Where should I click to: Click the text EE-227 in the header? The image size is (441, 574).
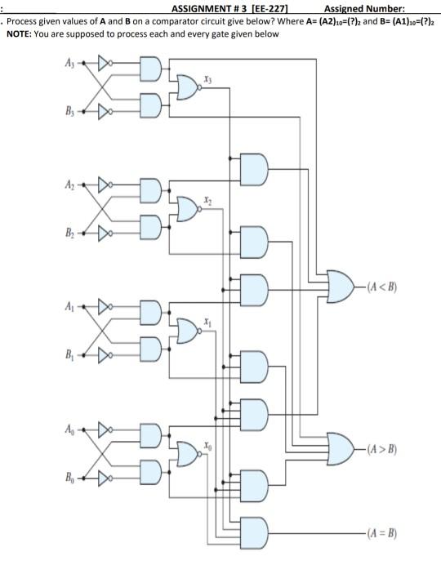click(x=244, y=7)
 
